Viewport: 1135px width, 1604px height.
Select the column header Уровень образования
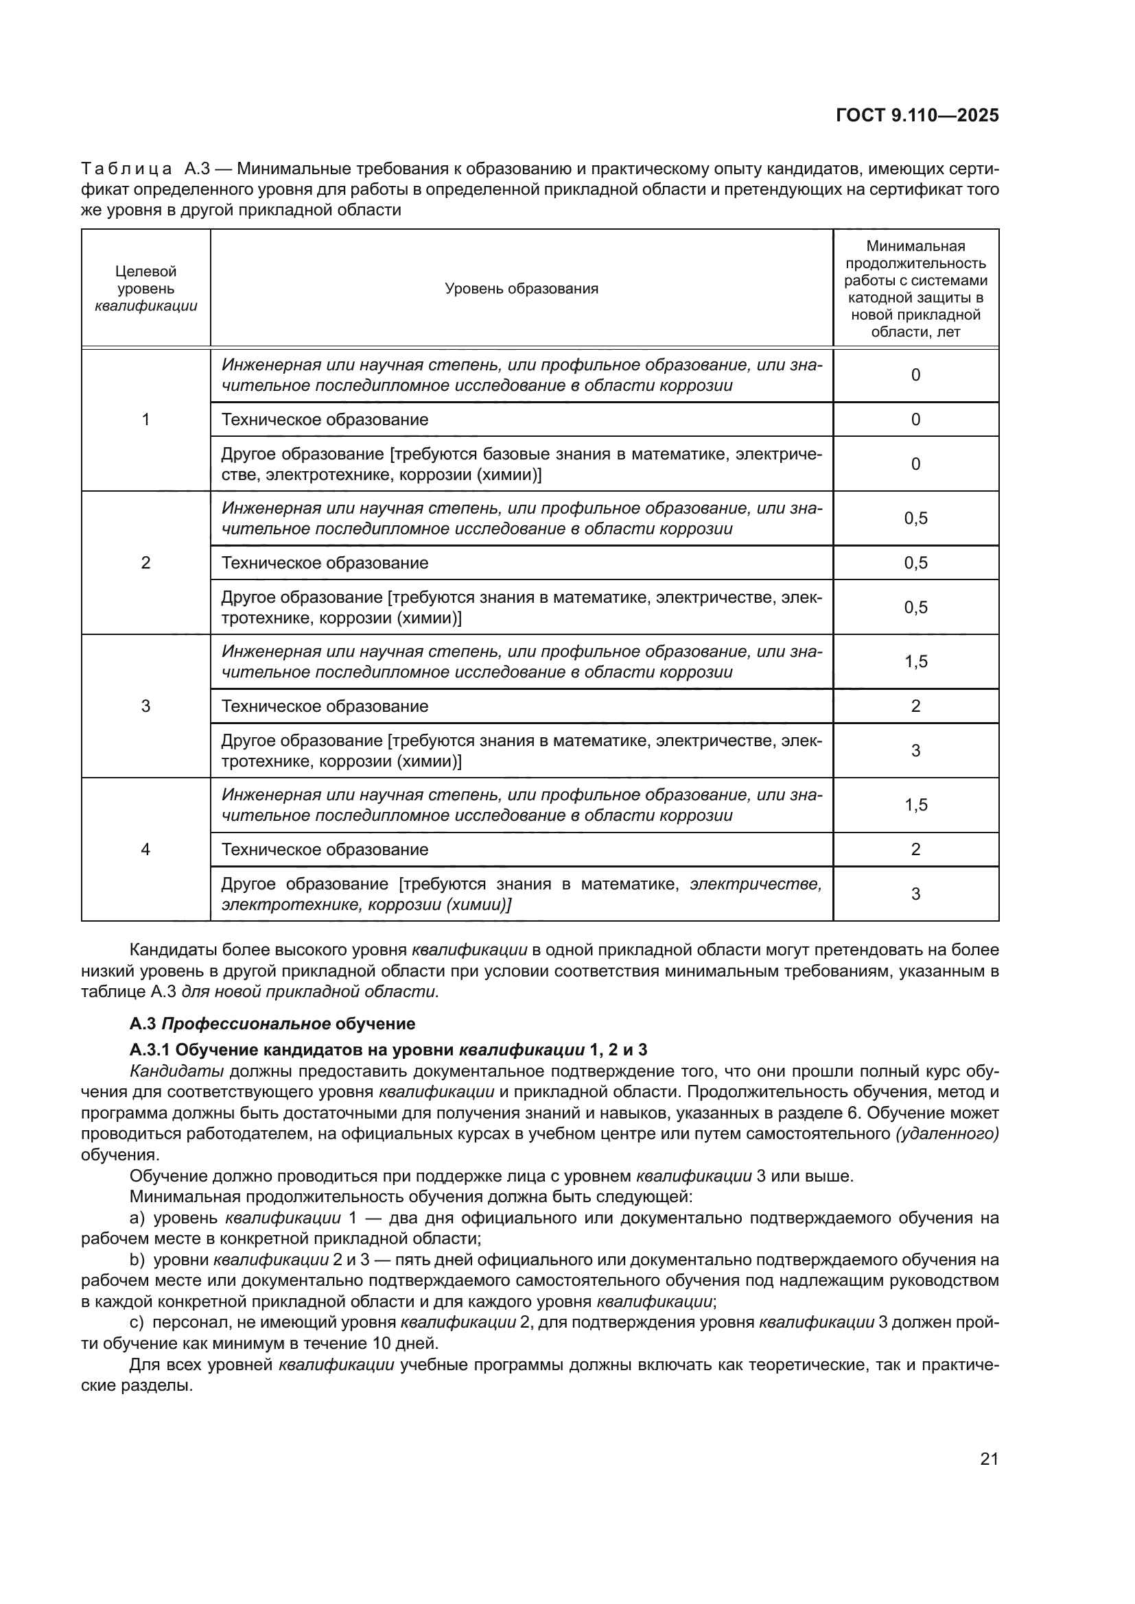pos(522,289)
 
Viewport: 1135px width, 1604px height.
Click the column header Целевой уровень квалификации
pos(145,289)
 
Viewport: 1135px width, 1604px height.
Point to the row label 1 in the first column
pos(145,419)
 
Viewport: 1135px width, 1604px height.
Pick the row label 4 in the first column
pos(145,850)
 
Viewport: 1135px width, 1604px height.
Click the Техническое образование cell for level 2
pos(325,563)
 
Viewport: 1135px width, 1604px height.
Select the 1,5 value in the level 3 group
pos(915,662)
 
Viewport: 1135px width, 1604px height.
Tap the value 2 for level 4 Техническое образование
pos(915,850)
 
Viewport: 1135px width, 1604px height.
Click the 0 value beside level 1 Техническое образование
pos(915,419)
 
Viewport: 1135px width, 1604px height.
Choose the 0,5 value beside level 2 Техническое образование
pos(915,563)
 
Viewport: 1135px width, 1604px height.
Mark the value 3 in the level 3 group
pos(915,751)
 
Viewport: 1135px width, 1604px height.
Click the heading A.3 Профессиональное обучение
pos(272,1023)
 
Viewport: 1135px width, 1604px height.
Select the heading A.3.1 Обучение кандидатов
pos(388,1049)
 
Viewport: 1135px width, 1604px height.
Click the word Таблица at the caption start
pos(126,169)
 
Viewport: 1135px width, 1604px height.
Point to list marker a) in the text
pos(137,1219)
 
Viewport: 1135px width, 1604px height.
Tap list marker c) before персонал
pos(137,1322)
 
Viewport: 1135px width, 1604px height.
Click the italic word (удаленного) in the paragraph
pos(947,1134)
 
